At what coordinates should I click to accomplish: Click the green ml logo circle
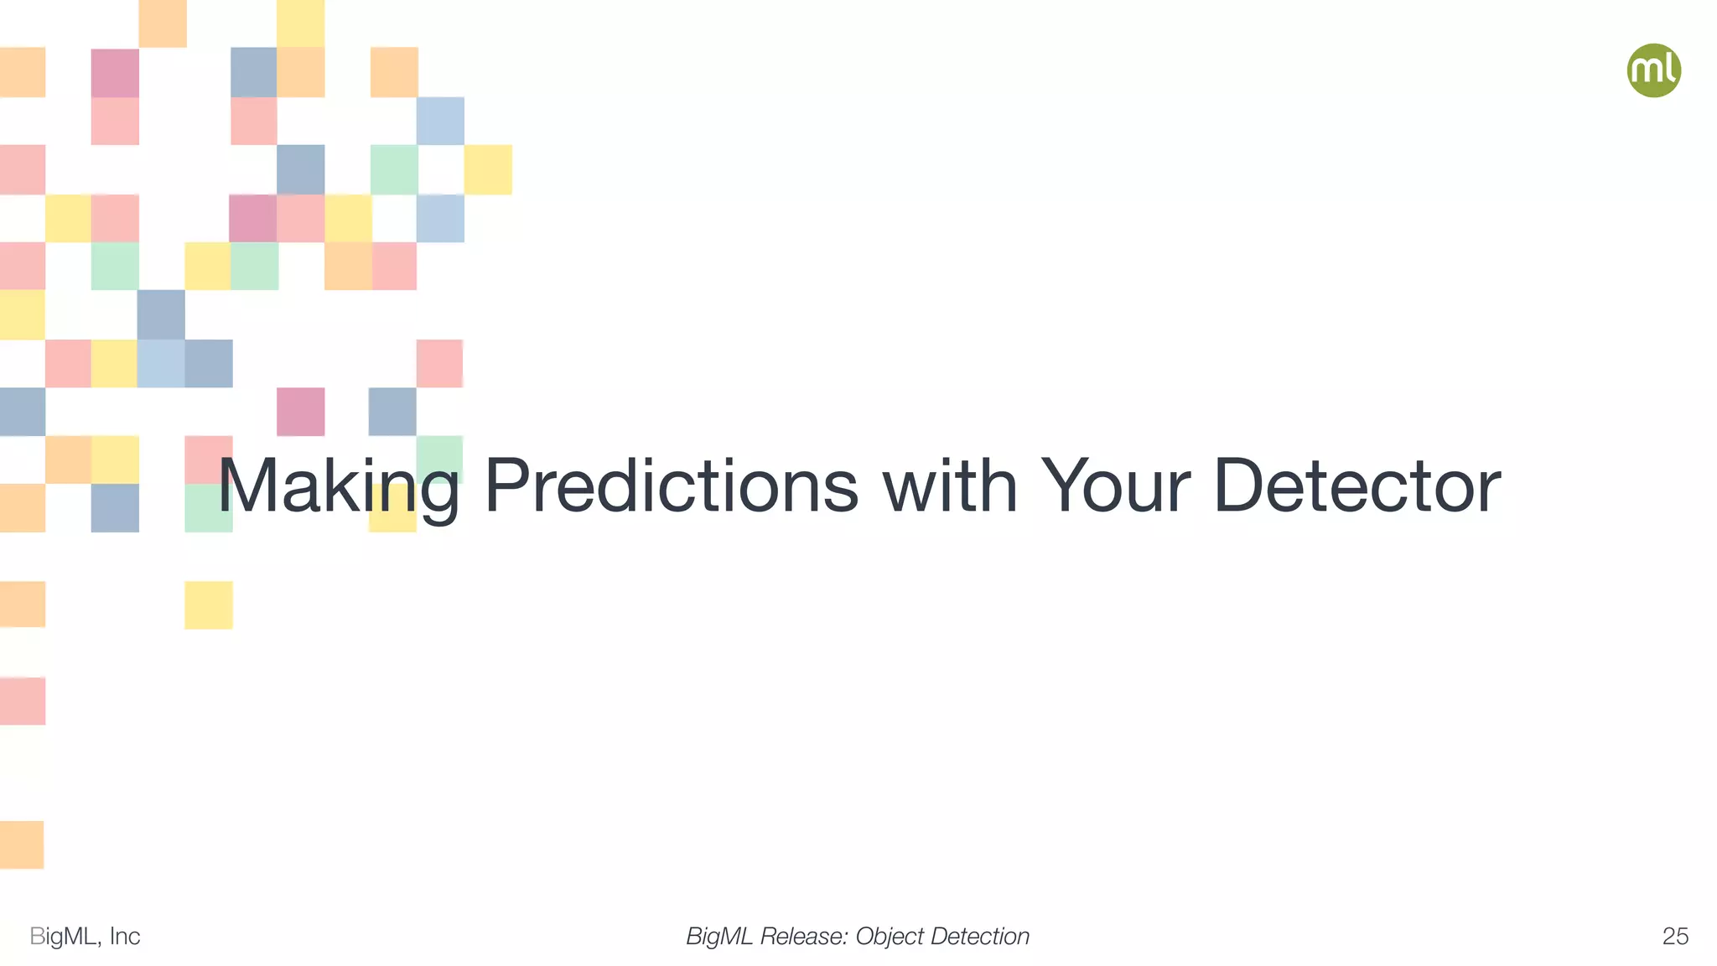click(1653, 70)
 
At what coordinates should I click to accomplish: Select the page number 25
click(1674, 937)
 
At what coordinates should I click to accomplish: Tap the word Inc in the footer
click(125, 937)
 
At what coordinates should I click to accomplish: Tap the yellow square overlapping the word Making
click(392, 508)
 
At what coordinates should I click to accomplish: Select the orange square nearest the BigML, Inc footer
click(22, 844)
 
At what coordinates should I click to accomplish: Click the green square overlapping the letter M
click(208, 508)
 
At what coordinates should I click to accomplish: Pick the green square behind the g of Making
click(439, 460)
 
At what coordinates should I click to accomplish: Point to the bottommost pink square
click(22, 701)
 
